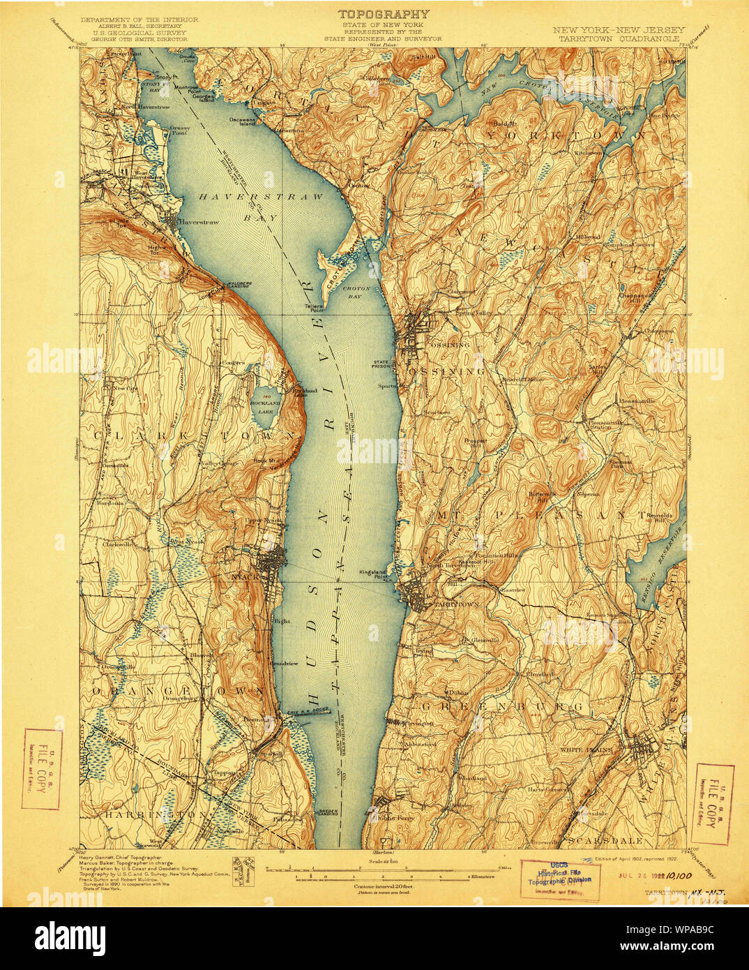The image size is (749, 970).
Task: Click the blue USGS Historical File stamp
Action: click(560, 878)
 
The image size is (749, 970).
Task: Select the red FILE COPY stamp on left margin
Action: click(42, 768)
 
